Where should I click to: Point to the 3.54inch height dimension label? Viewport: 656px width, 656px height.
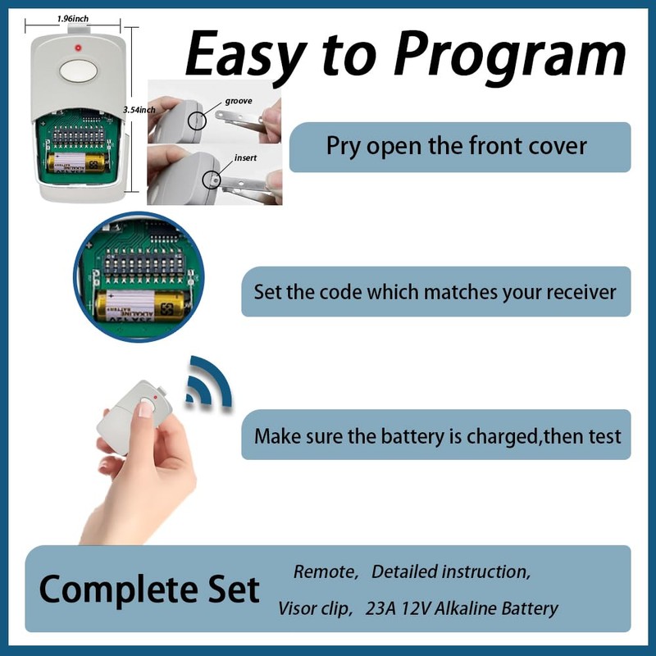point(137,109)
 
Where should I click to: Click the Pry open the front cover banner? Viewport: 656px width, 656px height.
point(457,147)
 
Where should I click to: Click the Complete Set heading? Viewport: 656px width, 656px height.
point(149,589)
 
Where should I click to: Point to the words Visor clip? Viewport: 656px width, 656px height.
point(311,608)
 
